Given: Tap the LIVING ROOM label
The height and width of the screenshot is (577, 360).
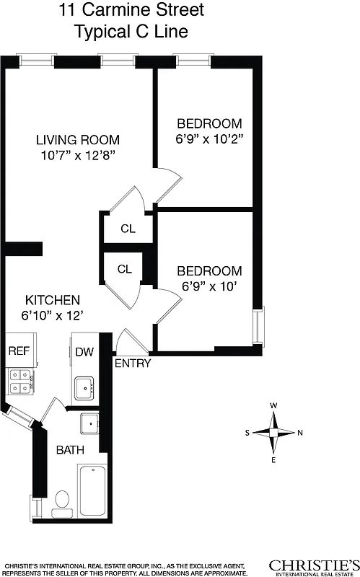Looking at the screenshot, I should click(x=78, y=140).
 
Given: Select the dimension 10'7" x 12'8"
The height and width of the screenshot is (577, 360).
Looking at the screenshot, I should click(x=78, y=155).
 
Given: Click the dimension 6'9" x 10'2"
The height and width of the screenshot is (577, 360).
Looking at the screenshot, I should click(x=209, y=138).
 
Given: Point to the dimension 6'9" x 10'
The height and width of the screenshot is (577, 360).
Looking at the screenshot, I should click(x=209, y=286).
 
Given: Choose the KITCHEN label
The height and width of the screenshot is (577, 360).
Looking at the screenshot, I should click(x=53, y=300).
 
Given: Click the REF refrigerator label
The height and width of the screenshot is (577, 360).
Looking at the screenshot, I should click(x=18, y=351).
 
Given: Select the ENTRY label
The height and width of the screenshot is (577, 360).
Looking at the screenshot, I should click(x=133, y=364).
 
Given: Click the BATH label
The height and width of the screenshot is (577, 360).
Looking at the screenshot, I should click(x=70, y=449).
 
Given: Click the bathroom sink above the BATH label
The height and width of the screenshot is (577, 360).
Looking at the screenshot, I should click(x=90, y=423).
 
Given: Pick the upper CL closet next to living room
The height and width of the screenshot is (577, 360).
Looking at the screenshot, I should click(x=128, y=229).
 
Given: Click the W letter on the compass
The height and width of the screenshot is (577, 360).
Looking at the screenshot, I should click(x=273, y=405).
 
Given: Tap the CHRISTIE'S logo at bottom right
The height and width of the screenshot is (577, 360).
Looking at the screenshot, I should click(x=313, y=565).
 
